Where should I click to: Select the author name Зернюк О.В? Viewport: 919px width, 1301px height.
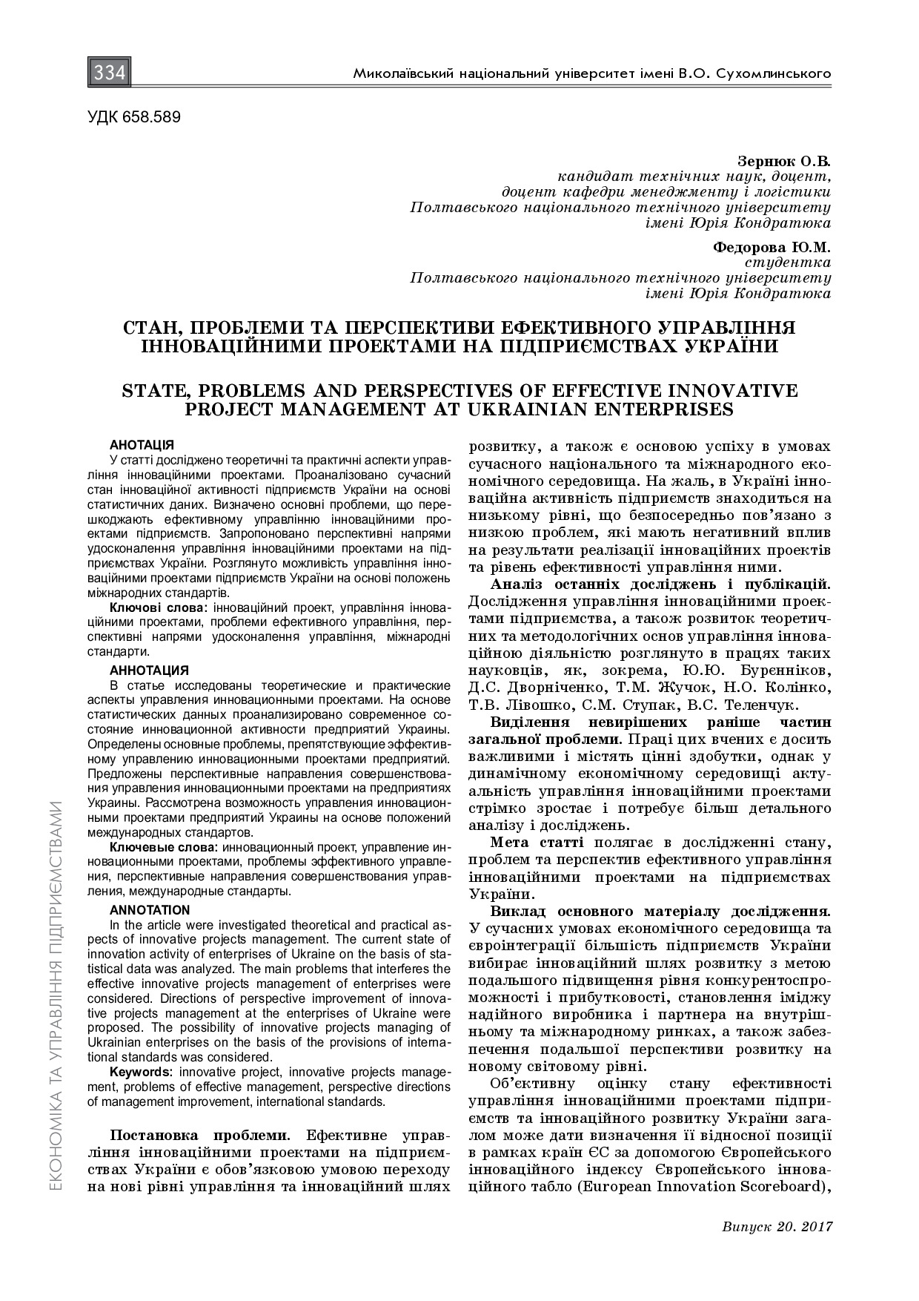pyautogui.click(x=784, y=161)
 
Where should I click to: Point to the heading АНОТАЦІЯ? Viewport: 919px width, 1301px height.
pyautogui.click(x=142, y=445)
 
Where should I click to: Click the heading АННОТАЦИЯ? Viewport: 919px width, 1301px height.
pyautogui.click(x=149, y=671)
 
